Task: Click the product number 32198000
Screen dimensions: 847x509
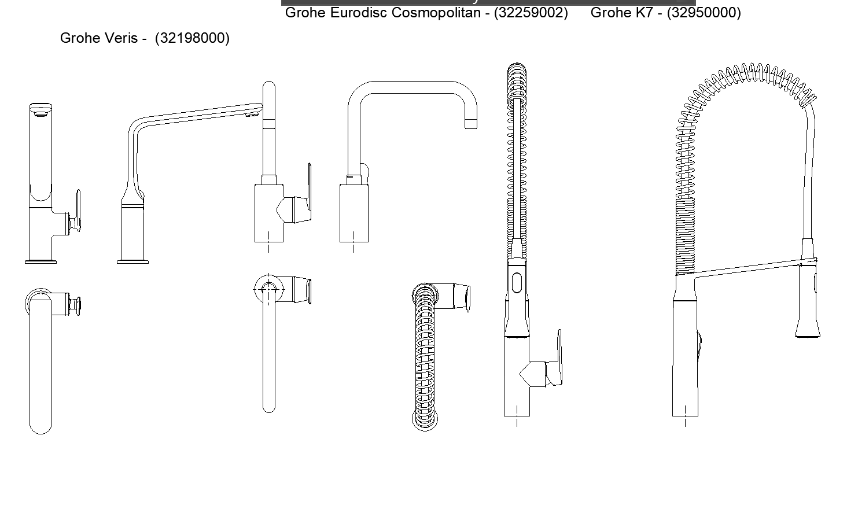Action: pyautogui.click(x=192, y=38)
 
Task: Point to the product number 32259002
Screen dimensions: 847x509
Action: pyautogui.click(x=531, y=13)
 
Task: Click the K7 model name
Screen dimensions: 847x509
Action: pyautogui.click(x=645, y=13)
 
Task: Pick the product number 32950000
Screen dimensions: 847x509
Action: pyautogui.click(x=704, y=13)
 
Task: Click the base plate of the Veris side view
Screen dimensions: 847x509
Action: pyautogui.click(x=132, y=261)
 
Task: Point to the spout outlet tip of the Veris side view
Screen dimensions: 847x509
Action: pyautogui.click(x=253, y=113)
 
